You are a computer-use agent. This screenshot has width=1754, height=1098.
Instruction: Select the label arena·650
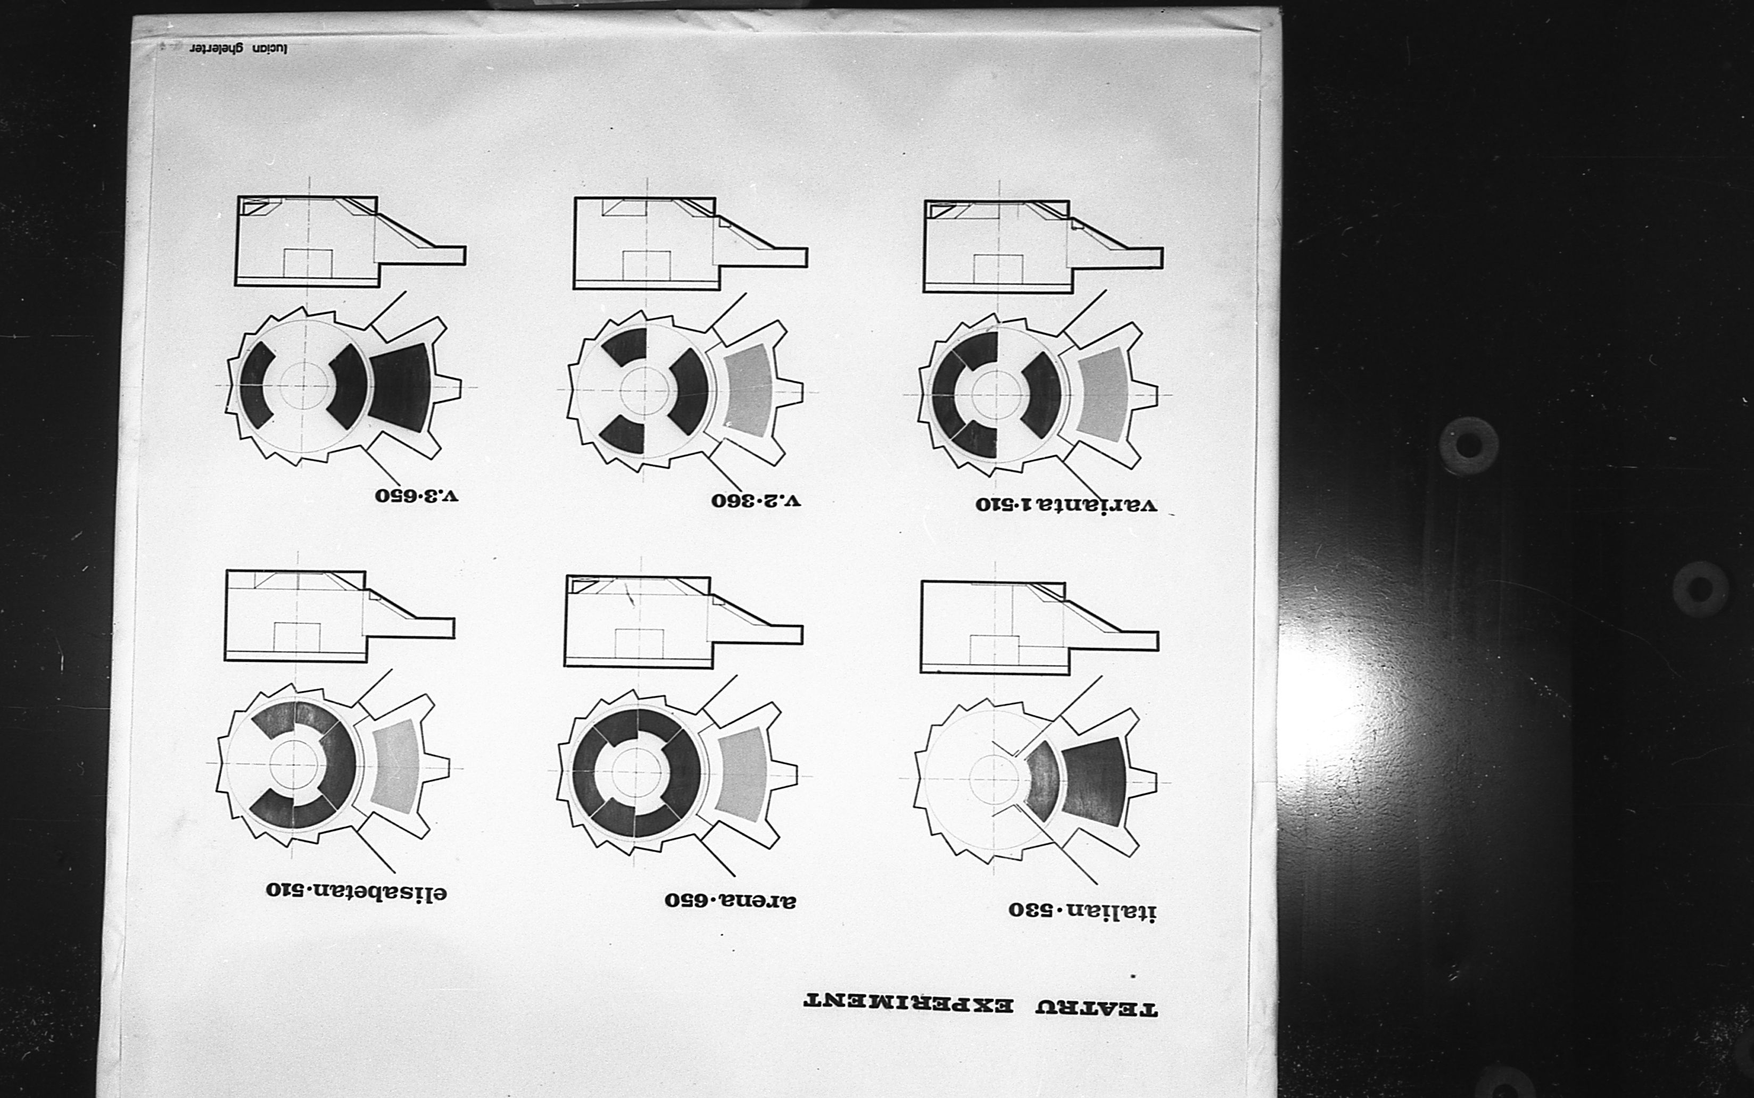730,901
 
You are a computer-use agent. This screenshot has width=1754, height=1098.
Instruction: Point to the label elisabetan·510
356,891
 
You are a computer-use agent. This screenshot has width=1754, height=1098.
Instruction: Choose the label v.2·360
755,501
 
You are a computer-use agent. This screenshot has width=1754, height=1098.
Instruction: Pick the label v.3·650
417,496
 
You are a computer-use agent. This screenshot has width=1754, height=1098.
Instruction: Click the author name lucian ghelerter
239,48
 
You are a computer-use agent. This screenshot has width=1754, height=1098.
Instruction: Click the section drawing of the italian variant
1039,627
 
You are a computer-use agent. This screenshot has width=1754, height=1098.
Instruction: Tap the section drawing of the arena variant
683,622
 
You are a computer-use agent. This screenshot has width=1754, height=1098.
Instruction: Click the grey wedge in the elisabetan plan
396,766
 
